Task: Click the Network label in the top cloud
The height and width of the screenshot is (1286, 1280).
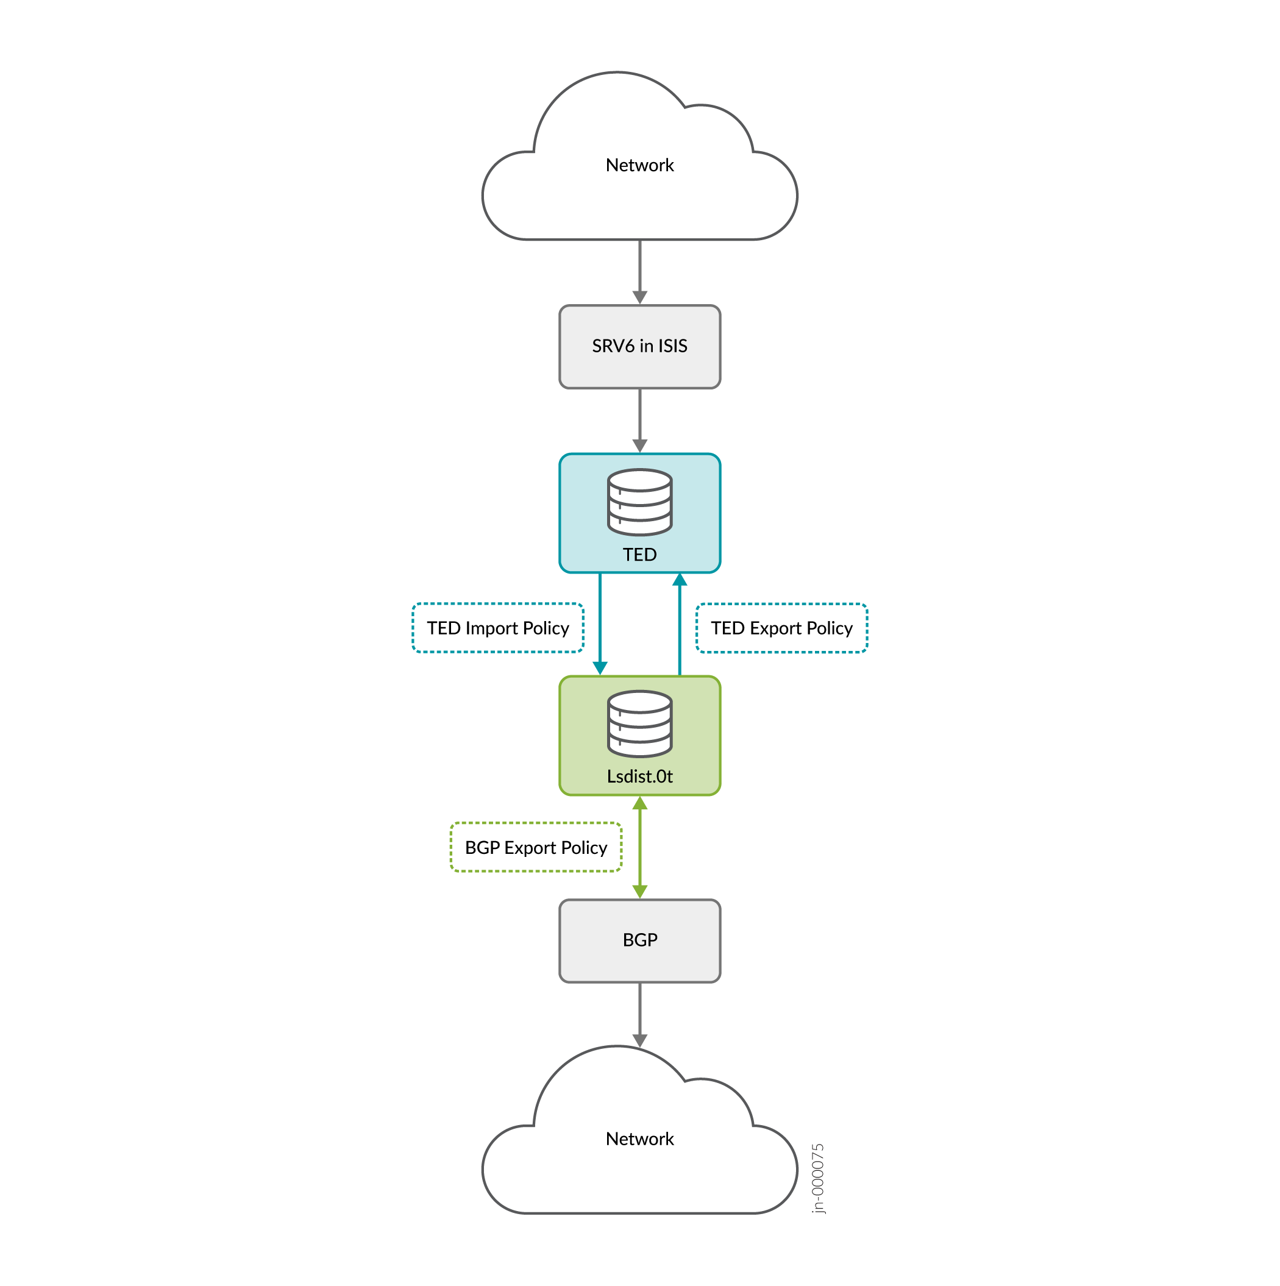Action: (639, 165)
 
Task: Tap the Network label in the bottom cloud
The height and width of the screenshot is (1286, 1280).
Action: (639, 1139)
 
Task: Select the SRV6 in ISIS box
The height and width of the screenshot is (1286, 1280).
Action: (639, 346)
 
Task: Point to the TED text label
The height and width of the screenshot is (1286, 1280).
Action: (639, 555)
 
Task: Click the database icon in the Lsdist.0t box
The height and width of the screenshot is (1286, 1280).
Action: (639, 723)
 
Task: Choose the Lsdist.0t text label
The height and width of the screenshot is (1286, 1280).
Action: (639, 776)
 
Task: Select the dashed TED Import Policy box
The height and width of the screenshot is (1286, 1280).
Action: (498, 628)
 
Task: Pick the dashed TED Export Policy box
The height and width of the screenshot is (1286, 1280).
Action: (781, 628)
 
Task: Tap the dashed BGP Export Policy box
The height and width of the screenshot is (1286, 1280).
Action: (536, 847)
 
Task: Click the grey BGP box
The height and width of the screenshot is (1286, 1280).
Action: (639, 940)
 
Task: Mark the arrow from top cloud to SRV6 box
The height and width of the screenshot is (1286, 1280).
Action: (639, 269)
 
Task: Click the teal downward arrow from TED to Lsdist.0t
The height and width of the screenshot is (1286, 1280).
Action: (600, 622)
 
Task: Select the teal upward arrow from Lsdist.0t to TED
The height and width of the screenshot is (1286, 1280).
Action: (679, 626)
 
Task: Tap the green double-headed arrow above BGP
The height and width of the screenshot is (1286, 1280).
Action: (639, 847)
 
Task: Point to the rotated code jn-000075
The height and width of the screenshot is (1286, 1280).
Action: (818, 1179)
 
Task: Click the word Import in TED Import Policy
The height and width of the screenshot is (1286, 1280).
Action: (492, 628)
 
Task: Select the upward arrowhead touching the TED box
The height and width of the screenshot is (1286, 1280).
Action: (679, 580)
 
